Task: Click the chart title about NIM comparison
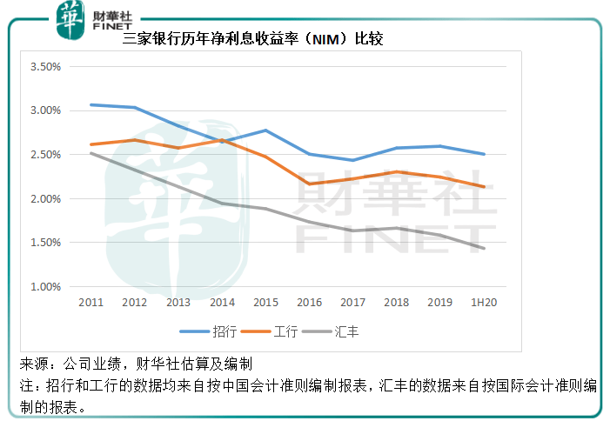[253, 39]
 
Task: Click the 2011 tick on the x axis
[91, 302]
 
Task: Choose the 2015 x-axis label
[265, 302]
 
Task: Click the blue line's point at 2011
[91, 105]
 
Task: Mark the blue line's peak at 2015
[265, 130]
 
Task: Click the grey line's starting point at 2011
[91, 153]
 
